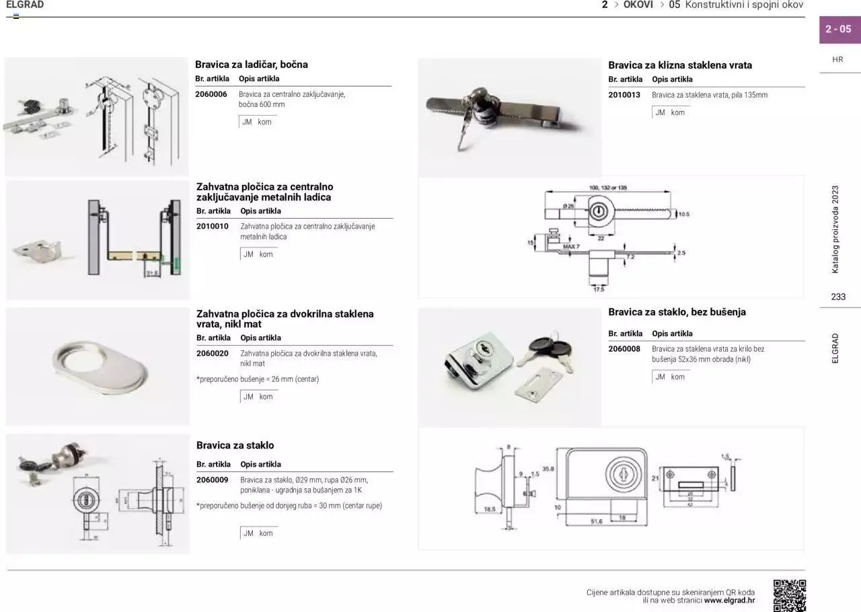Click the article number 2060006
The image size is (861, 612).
[x=211, y=95]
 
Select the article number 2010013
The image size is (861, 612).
[x=624, y=95]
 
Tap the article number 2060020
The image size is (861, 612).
[x=213, y=354]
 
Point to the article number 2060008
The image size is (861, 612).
[x=624, y=349]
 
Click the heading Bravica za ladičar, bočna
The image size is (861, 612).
[x=252, y=65]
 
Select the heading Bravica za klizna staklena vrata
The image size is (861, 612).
[x=680, y=65]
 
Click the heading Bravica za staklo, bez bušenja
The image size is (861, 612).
[x=677, y=312]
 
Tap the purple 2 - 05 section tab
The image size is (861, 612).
[x=839, y=30]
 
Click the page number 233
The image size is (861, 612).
[x=838, y=297]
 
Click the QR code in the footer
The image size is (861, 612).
[x=789, y=595]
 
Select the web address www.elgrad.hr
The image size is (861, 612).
[x=729, y=601]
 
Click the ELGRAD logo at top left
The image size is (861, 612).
[x=25, y=5]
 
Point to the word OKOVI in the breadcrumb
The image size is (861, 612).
[x=638, y=5]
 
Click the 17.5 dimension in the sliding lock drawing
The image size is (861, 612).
[x=598, y=290]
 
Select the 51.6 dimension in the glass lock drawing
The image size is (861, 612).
[x=595, y=521]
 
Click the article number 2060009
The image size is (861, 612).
[x=213, y=480]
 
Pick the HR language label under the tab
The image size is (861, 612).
[x=837, y=60]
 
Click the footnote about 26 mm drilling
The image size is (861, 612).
[x=258, y=379]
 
